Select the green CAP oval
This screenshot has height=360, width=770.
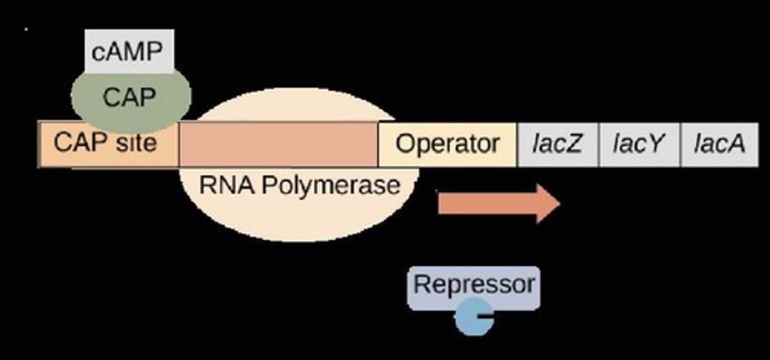pos(130,98)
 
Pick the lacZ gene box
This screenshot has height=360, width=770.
pos(557,145)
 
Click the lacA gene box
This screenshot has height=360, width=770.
pos(719,145)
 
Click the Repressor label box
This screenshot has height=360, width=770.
pos(473,285)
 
